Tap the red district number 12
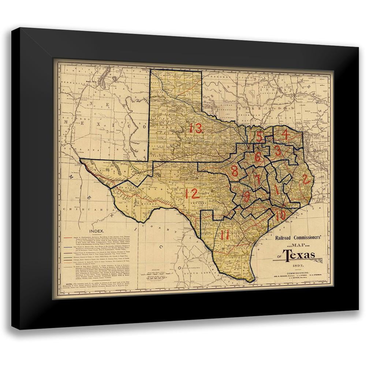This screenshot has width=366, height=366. pyautogui.click(x=192, y=193)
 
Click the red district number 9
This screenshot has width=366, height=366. pyautogui.click(x=247, y=197)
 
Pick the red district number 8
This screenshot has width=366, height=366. pyautogui.click(x=235, y=171)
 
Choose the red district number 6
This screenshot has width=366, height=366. pyautogui.click(x=258, y=157)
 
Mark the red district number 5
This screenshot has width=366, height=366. pyautogui.click(x=259, y=136)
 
